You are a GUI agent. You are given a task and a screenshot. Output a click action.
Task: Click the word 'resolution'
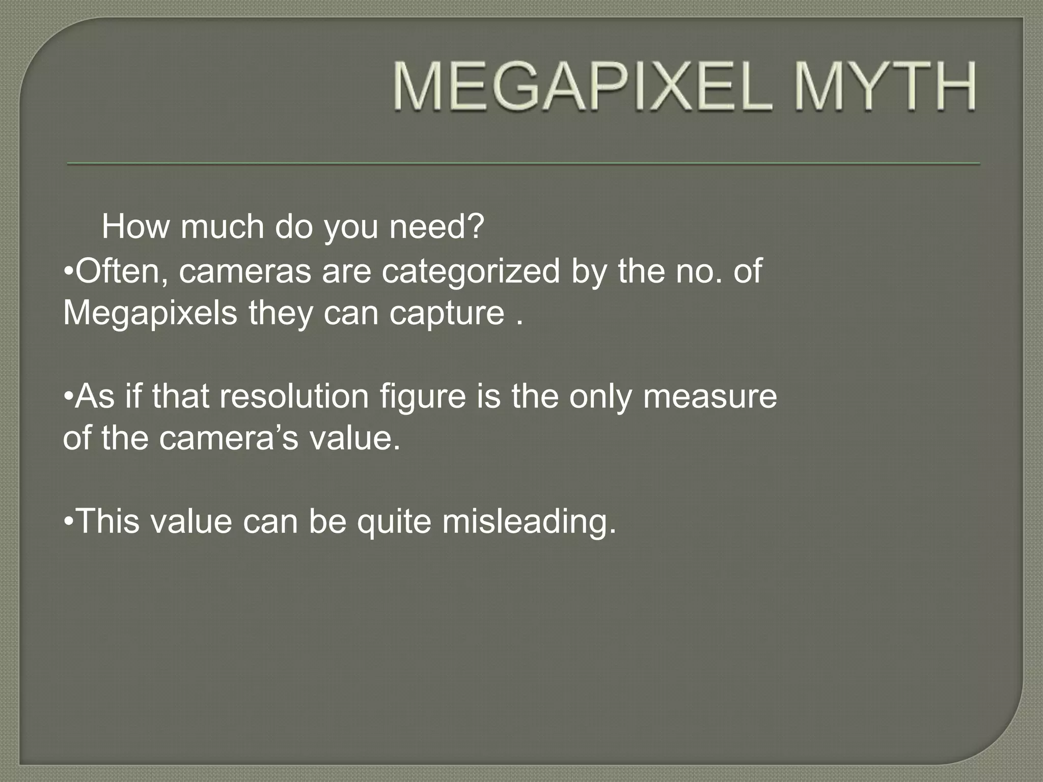click(294, 396)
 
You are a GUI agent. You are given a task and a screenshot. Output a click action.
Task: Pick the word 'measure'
click(710, 396)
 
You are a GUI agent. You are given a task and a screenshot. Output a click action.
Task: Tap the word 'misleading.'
click(529, 521)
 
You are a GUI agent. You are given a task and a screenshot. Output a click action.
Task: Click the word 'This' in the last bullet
click(108, 521)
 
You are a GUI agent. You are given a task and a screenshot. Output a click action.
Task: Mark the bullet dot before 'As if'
click(69, 397)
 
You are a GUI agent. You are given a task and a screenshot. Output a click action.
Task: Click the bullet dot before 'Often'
click(69, 271)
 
